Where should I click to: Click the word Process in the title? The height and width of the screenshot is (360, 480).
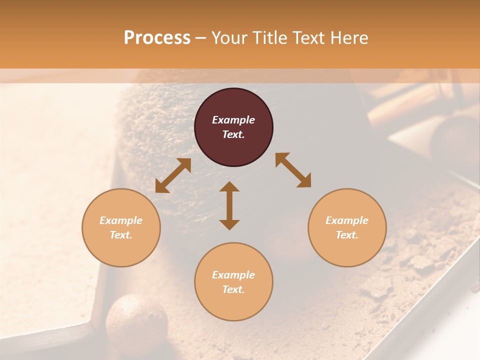(157, 38)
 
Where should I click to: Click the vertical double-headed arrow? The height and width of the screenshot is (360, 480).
(229, 205)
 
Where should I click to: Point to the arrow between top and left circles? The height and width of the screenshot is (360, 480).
(173, 175)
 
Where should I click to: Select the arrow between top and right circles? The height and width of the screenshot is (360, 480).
(293, 170)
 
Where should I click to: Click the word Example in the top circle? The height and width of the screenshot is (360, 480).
(233, 120)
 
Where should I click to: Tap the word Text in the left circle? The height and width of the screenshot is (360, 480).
(121, 235)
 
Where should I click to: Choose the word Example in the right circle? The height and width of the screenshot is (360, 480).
(347, 220)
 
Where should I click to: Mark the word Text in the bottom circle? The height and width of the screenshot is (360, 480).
(233, 289)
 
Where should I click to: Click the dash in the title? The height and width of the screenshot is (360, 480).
(200, 38)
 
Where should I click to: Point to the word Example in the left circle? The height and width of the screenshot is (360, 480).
(121, 220)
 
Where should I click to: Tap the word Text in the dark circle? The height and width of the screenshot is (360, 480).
(233, 134)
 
